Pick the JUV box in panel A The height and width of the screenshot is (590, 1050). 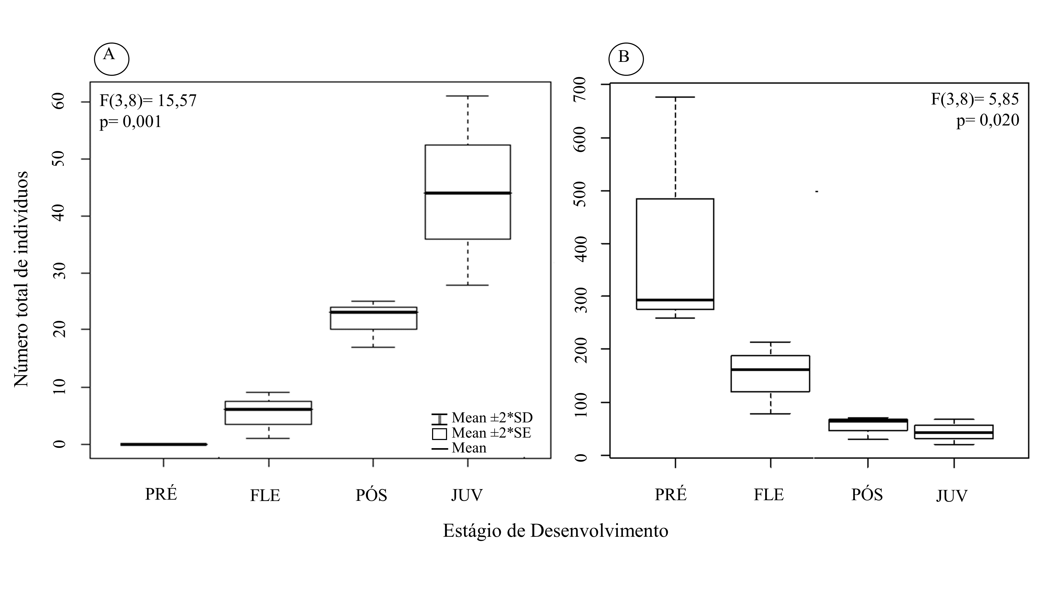(468, 192)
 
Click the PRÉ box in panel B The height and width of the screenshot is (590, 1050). (675, 254)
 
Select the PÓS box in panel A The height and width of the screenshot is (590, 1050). (373, 318)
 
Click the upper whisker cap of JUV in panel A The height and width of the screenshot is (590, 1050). (468, 96)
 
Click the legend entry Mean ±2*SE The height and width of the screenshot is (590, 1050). (482, 433)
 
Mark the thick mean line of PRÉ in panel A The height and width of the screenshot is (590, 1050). (164, 444)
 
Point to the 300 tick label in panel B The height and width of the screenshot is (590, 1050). (580, 300)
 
